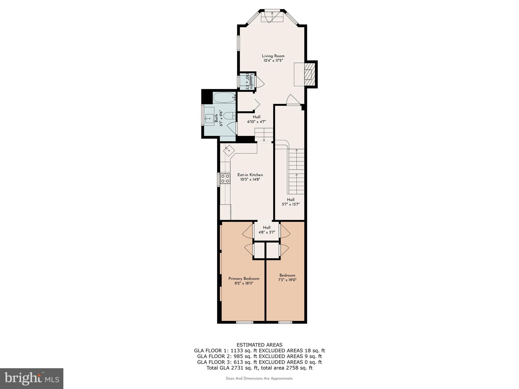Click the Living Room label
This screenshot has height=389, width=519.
(273, 56)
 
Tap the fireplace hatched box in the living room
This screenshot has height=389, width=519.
(309, 75)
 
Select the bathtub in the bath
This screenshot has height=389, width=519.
(225, 98)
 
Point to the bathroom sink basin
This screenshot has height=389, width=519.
(209, 118)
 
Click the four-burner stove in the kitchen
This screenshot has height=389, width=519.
(225, 178)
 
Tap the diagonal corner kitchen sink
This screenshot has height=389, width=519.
(229, 150)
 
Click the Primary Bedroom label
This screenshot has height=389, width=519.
(244, 279)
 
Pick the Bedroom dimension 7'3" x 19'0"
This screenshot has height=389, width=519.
(287, 280)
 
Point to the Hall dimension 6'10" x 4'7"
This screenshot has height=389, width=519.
(256, 122)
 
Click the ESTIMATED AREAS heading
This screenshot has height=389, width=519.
(259, 345)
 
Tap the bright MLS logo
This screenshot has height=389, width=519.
(32, 378)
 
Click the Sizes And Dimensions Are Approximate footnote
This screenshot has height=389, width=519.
(259, 378)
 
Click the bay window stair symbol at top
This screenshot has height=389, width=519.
(272, 17)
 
